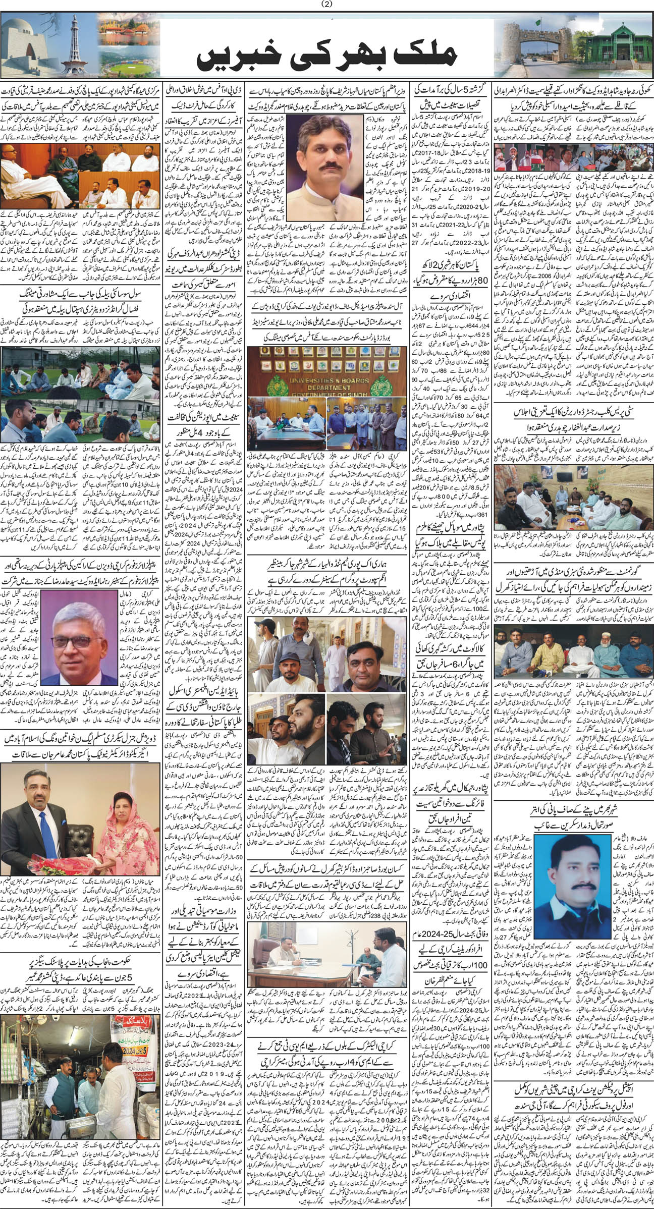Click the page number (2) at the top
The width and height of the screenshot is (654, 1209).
pos(326,5)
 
